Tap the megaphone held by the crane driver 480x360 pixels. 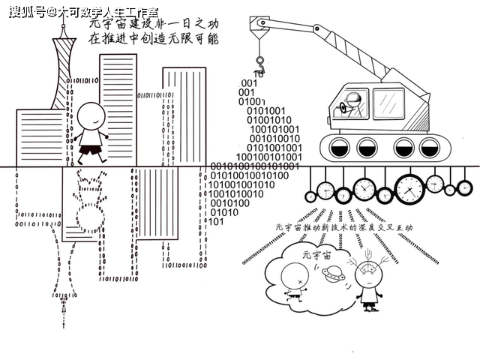[x=344, y=108]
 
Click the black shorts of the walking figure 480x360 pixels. [x=91, y=148]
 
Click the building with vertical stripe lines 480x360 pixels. [x=184, y=112]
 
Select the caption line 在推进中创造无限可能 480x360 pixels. [x=153, y=39]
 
